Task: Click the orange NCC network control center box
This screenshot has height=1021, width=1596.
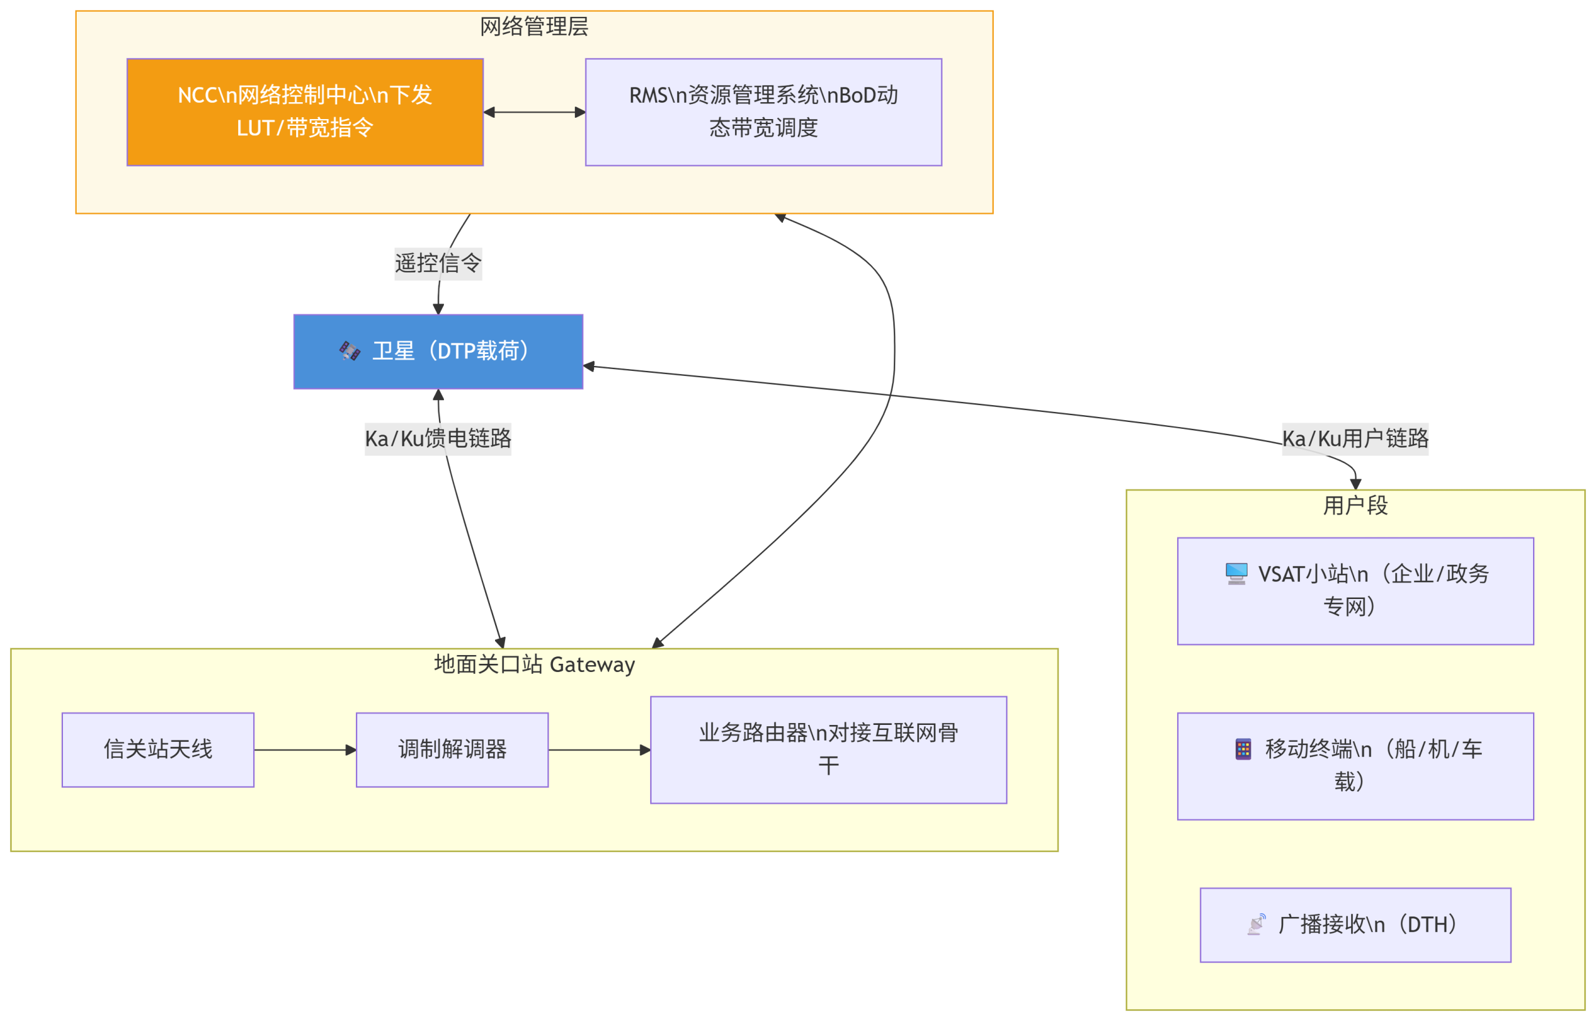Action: coord(304,112)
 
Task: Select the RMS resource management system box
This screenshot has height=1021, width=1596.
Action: coord(762,112)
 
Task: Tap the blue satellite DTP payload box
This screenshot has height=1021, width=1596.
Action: coord(438,352)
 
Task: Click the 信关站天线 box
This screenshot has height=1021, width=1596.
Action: coord(158,749)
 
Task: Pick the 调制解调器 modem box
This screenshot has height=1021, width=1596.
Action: coord(451,749)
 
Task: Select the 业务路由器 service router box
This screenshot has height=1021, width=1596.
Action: coord(827,749)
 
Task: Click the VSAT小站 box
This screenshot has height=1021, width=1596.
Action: coord(1355,590)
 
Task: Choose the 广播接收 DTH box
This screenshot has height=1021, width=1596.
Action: coord(1355,924)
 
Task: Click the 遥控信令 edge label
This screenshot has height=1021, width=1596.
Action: coord(438,263)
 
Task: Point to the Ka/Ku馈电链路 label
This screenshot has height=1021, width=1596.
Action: coord(438,438)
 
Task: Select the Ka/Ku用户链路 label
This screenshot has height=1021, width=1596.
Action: coord(1355,438)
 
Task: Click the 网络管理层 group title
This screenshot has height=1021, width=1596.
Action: coord(534,27)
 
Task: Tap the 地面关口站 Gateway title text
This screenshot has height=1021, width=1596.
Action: coord(534,664)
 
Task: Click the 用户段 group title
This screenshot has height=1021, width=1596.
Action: coord(1355,505)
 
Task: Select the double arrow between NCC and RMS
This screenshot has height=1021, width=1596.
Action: coord(534,112)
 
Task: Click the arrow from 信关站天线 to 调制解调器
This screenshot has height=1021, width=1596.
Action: coord(304,750)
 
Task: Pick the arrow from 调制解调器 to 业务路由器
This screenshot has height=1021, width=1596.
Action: coord(598,750)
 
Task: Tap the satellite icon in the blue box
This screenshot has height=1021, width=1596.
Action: coord(349,351)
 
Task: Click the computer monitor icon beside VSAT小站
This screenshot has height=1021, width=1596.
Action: coord(1236,573)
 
